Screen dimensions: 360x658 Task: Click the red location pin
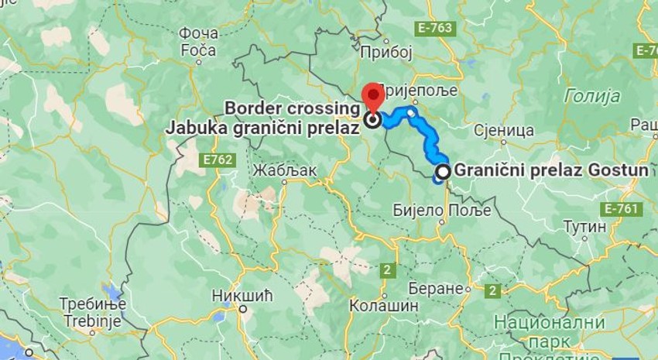[x=374, y=97]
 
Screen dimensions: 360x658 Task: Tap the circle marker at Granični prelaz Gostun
[x=443, y=171]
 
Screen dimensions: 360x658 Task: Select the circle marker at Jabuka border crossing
[x=373, y=120]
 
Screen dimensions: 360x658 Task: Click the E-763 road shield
[x=435, y=29]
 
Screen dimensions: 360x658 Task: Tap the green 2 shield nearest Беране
[x=492, y=290]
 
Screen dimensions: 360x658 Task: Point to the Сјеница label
[x=504, y=129]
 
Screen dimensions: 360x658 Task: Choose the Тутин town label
[x=584, y=227]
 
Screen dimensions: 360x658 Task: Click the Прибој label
[x=387, y=52]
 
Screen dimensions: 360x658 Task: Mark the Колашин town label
[x=384, y=306]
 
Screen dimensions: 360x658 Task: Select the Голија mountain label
[x=592, y=96]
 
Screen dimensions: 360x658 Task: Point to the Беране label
[x=444, y=288]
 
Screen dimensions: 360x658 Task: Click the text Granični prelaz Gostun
[x=551, y=170]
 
